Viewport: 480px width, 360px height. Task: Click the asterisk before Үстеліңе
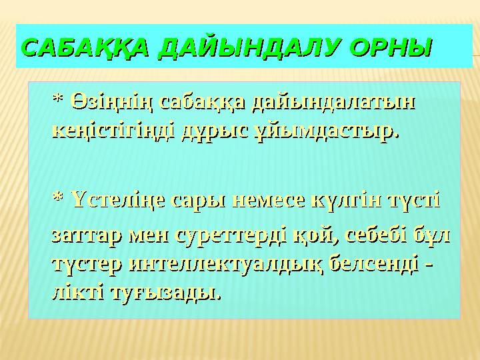pos(57,199)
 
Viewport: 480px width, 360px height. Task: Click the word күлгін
pos(343,199)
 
